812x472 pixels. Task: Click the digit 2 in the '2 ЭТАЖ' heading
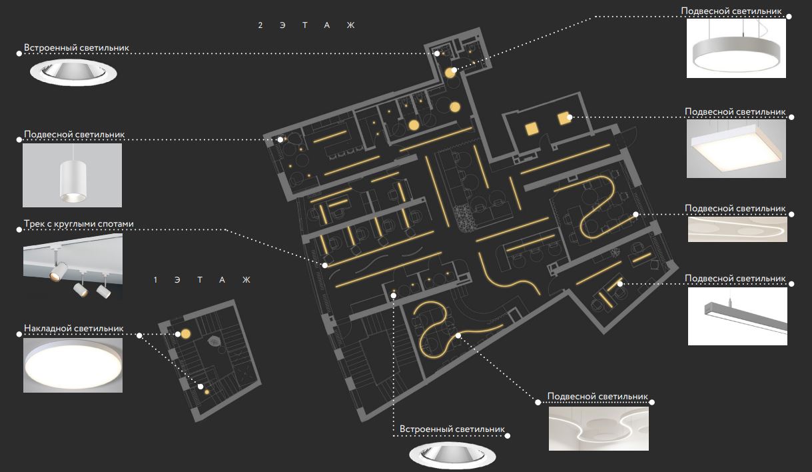[x=260, y=25]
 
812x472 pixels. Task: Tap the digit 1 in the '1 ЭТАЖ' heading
[x=155, y=280]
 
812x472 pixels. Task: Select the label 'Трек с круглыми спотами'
[x=79, y=223]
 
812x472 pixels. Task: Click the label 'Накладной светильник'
[x=73, y=328]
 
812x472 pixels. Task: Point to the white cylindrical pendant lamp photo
[x=72, y=175]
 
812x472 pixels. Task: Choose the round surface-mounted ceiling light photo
[x=73, y=365]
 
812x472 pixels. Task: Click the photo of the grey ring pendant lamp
[x=736, y=48]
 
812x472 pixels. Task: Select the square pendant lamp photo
[x=736, y=149]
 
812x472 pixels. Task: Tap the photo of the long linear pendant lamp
[x=737, y=317]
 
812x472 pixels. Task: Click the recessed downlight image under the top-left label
[x=73, y=73]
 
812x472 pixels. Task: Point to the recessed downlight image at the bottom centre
[x=452, y=455]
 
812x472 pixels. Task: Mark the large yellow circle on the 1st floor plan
[x=186, y=334]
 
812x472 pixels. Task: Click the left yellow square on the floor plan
[x=532, y=129]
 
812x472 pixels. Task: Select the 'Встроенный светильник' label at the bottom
[x=452, y=429]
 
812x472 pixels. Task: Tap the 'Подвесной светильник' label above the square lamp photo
[x=735, y=111]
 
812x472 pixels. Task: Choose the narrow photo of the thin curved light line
[x=737, y=229]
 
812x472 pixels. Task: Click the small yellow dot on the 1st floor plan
[x=207, y=392]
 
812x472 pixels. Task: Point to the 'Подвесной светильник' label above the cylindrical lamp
[x=75, y=134]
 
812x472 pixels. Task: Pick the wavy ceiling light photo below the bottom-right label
[x=599, y=429]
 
